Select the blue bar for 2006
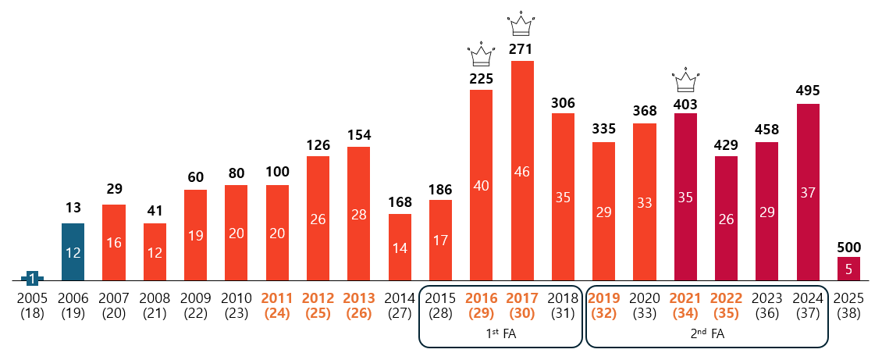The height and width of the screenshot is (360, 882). tap(73, 251)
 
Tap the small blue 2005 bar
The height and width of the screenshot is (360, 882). tap(32, 277)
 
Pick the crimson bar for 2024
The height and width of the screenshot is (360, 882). tap(808, 191)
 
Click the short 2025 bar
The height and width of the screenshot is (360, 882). tap(848, 269)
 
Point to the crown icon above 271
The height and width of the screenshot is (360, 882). tap(521, 25)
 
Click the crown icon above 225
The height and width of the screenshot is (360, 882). tap(481, 55)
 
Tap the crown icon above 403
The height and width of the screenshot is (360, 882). tap(685, 79)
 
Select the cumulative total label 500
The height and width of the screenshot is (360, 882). tap(848, 247)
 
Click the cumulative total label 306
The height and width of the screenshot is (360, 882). tap(563, 103)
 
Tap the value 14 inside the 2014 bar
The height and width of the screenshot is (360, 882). tap(400, 248)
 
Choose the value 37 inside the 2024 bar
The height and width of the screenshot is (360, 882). tap(808, 192)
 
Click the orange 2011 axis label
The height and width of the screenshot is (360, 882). tap(277, 305)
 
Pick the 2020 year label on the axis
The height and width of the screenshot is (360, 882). tap(644, 305)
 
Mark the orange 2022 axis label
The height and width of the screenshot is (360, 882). tap(726, 305)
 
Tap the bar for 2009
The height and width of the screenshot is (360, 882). tap(195, 234)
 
